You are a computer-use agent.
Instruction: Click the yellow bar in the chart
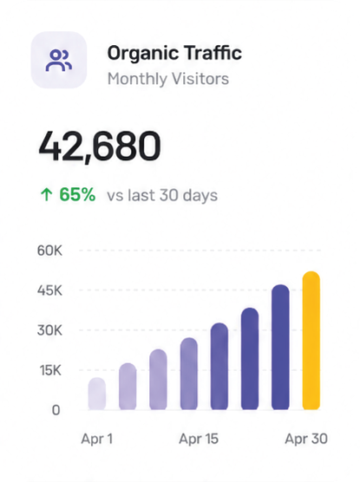311,341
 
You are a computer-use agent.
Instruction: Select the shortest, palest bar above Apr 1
97,394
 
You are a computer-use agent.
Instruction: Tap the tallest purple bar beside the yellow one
280,347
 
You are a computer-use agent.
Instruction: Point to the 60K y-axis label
49,251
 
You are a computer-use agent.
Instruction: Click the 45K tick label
49,290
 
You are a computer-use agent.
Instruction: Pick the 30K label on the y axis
49,330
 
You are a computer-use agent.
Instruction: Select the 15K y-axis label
50,370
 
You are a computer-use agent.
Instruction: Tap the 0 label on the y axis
56,410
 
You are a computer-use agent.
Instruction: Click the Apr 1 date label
97,439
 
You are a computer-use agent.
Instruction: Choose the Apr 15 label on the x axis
199,439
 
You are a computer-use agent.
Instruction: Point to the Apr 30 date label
306,439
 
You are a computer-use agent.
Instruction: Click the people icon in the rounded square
59,61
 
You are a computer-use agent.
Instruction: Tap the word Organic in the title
143,54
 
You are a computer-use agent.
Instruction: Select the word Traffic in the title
213,52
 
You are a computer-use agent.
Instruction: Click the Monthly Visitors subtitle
168,79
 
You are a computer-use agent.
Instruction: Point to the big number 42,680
100,146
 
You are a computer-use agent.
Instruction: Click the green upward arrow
47,194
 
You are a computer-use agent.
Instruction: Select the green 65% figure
77,194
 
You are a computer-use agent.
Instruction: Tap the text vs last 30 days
162,195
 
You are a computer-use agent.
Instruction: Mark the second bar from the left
128,387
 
